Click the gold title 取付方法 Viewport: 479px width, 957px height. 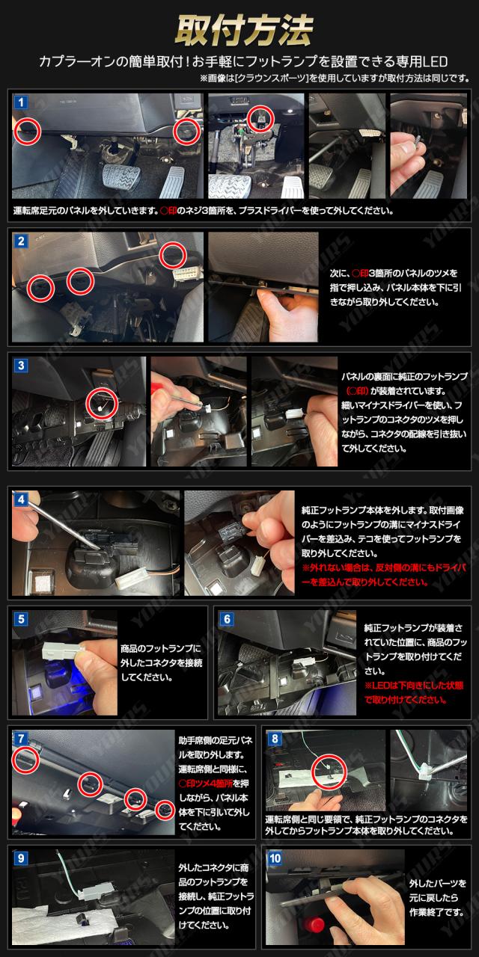click(244, 30)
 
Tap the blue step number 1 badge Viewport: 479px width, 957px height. click(20, 102)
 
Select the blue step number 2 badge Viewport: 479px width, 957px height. click(20, 241)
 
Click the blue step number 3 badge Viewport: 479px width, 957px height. click(20, 366)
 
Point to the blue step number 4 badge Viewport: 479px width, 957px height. click(20, 499)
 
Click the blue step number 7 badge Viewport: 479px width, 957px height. click(20, 738)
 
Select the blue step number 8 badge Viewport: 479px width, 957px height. click(275, 738)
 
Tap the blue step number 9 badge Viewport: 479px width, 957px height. click(20, 858)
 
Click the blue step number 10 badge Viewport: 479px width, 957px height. click(275, 858)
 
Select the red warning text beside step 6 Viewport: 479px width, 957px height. click(414, 692)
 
